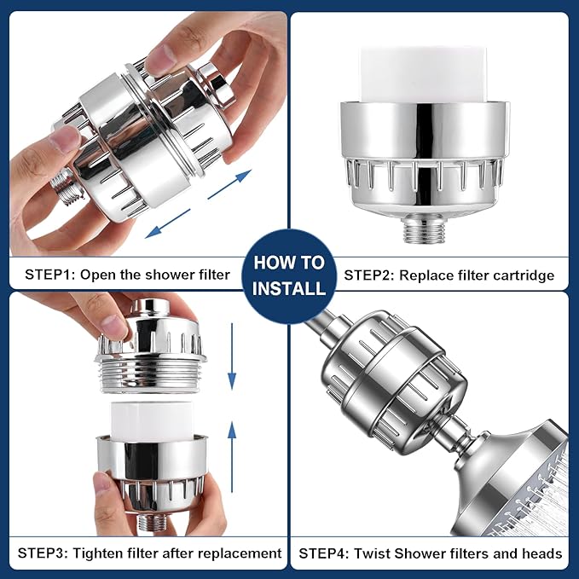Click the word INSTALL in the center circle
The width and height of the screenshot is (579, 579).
click(289, 287)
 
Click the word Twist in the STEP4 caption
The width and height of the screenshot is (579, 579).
click(372, 553)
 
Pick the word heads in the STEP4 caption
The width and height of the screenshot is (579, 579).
click(543, 553)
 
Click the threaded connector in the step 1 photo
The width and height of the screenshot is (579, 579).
click(61, 180)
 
